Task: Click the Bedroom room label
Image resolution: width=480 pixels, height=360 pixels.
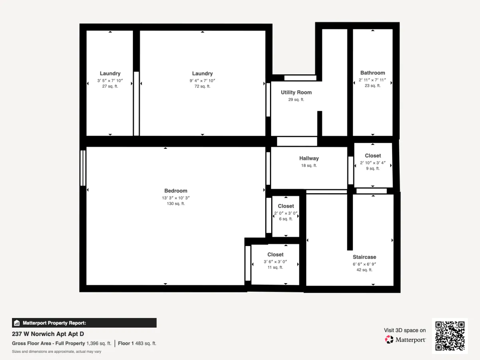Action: tap(176, 191)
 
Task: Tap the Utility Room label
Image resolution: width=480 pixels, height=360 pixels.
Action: tap(296, 92)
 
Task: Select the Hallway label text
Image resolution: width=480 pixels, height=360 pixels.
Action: tap(309, 158)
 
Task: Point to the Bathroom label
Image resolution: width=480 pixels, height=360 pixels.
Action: tap(373, 73)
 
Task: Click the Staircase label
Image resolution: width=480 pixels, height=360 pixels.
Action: tap(364, 257)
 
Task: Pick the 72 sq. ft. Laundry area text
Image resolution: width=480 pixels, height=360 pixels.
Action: tap(202, 86)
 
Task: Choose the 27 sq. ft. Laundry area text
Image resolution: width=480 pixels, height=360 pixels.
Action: tap(110, 86)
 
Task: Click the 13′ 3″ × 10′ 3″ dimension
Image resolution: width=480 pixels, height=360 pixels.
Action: tap(176, 198)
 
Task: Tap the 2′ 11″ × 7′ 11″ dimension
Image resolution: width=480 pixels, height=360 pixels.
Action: tap(372, 80)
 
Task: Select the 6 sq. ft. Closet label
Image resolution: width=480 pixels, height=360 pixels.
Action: tap(286, 219)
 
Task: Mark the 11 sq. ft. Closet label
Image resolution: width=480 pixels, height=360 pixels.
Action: tap(275, 267)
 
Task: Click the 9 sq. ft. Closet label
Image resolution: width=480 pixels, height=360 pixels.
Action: tap(373, 168)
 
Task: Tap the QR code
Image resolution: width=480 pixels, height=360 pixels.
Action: tap(450, 336)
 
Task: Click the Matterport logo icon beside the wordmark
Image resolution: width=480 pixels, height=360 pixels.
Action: tap(389, 340)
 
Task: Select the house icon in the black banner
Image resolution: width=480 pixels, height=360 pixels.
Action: tap(17, 323)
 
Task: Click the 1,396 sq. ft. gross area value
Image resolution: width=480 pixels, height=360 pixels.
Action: tap(99, 343)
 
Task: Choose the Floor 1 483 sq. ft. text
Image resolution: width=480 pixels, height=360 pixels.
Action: tap(137, 343)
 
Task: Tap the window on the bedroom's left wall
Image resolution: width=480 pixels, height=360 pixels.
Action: tap(83, 168)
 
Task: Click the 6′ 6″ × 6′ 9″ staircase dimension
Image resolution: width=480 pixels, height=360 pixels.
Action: tap(364, 264)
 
